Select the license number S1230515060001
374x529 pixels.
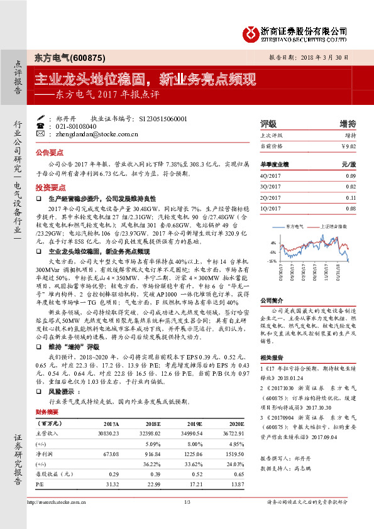(162, 118)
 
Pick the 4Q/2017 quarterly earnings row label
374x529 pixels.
(270, 176)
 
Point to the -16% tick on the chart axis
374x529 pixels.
(272, 260)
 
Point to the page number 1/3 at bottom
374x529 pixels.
(187, 520)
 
